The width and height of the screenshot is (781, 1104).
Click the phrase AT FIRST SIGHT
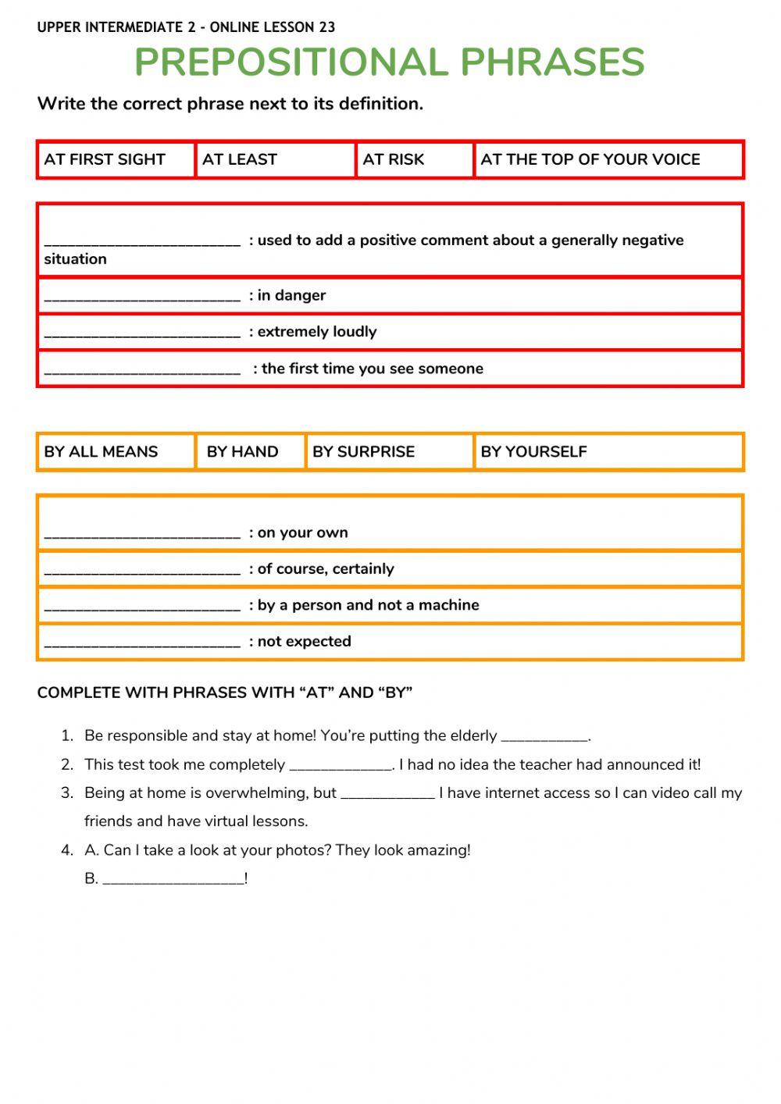click(x=105, y=159)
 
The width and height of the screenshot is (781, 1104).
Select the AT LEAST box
click(x=240, y=159)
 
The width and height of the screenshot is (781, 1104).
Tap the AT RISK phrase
click(x=394, y=159)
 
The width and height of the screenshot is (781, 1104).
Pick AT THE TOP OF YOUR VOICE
click(x=590, y=159)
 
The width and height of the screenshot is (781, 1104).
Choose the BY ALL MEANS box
click(x=101, y=451)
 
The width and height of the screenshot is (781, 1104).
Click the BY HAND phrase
click(x=242, y=451)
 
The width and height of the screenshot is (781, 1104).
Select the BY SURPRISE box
click(x=364, y=451)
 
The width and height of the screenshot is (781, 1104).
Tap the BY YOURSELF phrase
click(x=534, y=451)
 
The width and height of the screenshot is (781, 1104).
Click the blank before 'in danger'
click(x=142, y=296)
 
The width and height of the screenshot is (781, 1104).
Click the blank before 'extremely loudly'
click(x=142, y=333)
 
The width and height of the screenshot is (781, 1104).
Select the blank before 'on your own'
click(x=142, y=533)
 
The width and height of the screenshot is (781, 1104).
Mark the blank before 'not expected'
click(x=142, y=642)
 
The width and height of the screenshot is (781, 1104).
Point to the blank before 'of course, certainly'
click(x=142, y=570)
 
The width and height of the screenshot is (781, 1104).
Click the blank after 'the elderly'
click(x=544, y=736)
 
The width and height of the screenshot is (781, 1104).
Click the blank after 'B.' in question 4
click(x=173, y=879)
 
